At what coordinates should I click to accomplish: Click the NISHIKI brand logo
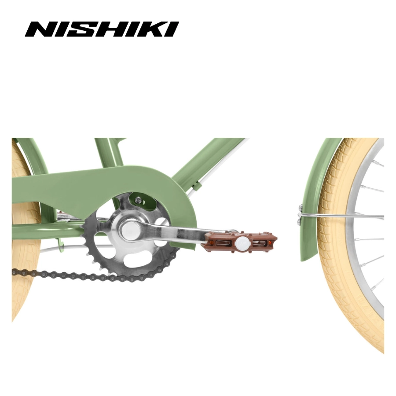(102, 29)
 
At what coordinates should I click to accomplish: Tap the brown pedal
(241, 242)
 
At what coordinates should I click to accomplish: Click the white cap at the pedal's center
(243, 242)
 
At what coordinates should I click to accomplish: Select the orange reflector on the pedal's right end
(270, 243)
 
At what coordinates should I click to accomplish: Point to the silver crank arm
(174, 233)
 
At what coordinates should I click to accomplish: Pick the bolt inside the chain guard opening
(138, 201)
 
